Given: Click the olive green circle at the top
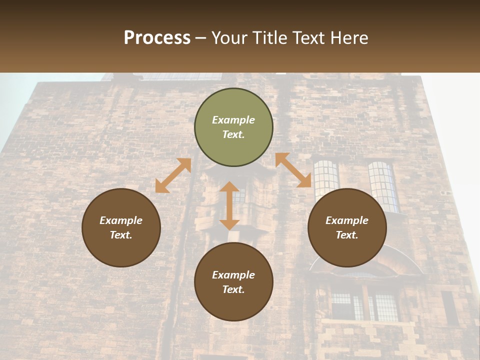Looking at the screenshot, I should pos(233,127).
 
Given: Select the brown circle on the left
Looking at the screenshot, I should pos(121,227).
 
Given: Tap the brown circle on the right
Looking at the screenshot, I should pos(347,227).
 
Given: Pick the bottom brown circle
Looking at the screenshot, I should pos(233,282).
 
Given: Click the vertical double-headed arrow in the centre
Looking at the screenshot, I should pos(229,205).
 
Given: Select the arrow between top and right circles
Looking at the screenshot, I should pos(293,170).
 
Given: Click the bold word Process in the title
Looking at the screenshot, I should pos(157,37).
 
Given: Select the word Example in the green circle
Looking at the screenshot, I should pos(233,120).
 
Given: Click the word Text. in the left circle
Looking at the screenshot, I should pos(121,235).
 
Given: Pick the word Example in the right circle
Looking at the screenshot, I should pos(347,220).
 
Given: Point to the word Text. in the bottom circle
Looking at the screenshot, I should pos(233,289).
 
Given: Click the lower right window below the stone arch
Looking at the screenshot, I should pos(384,306).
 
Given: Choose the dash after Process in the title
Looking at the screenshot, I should pos(200,37).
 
